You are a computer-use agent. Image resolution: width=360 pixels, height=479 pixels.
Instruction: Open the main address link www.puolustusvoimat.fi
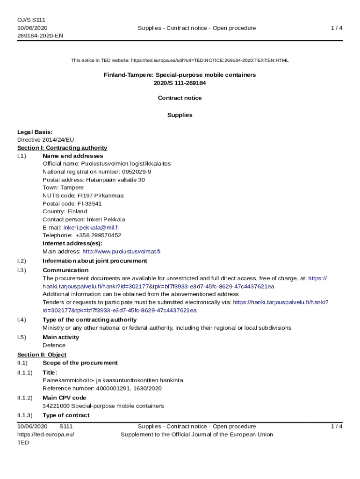pos(121,251)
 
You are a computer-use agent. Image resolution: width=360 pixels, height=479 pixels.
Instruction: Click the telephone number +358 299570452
pos(98,235)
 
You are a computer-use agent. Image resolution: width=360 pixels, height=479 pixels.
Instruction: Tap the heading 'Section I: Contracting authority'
pos(62,148)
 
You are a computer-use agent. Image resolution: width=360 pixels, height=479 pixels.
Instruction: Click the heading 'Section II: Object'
pos(42,355)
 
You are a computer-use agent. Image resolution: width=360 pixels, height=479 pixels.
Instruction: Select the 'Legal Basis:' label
pos(35,132)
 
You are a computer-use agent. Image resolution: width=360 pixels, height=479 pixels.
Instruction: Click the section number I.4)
pos(22,320)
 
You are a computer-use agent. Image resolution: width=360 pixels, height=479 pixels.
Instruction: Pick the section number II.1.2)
pos(25,398)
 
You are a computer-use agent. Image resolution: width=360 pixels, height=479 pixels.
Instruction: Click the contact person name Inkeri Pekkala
pos(103,219)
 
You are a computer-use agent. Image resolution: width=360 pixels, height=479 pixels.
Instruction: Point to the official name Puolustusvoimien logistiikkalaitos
pos(126,164)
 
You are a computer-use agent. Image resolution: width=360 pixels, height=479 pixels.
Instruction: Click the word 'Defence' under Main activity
pos(54,345)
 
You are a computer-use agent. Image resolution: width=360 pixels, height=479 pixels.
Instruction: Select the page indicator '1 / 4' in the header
pos(337,28)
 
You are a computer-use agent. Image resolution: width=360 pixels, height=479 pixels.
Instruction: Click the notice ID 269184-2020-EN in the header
pos(40,36)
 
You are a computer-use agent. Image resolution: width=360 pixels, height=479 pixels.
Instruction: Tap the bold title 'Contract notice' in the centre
pos(180,98)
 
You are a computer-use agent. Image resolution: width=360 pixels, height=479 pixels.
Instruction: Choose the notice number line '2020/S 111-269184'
pos(180,83)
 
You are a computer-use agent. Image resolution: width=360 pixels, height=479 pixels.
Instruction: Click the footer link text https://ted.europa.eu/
pos(46,435)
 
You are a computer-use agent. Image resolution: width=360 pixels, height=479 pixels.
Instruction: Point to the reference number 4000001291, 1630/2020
pos(129,388)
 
